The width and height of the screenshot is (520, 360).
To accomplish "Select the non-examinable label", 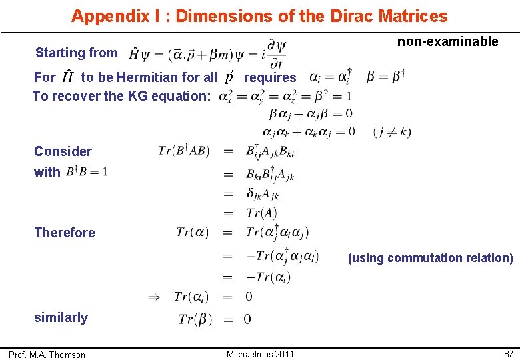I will [447, 42].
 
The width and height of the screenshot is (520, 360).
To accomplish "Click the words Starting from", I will [77, 53].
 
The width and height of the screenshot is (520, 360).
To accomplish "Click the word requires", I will [270, 77].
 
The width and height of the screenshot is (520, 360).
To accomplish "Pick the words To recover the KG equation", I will [121, 96].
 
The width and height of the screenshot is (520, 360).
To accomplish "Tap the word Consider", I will [63, 151].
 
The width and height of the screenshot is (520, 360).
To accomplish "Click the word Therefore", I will [65, 233].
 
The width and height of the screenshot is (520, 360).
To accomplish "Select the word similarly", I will [61, 317].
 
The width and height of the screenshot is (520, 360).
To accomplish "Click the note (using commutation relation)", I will [430, 258].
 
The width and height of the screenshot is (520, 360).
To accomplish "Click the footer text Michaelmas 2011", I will [260, 354].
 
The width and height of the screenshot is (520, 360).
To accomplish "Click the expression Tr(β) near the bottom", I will [195, 319].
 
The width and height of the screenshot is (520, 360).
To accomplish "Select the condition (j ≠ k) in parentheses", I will [392, 132].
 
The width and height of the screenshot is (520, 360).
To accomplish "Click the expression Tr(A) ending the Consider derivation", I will [261, 213].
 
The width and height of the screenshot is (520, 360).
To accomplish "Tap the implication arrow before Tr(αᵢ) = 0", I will [153, 296].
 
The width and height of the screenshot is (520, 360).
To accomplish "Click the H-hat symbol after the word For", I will [67, 77].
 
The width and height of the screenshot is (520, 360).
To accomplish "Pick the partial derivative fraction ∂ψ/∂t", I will [275, 54].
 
